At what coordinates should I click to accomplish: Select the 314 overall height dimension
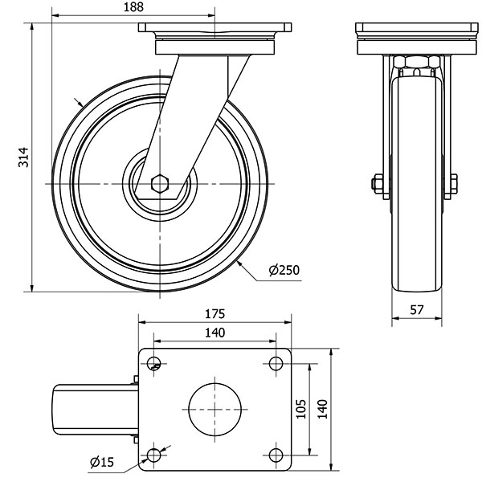23,157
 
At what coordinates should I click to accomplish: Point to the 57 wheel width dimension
417,309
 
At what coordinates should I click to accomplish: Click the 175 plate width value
214,313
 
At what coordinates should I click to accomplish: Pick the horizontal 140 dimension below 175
214,332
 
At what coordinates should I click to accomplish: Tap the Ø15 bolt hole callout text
101,462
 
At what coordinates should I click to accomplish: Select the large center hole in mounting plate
214,409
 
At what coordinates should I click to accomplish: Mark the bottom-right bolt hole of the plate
276,455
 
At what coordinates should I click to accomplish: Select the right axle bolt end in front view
453,184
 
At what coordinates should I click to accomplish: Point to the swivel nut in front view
418,63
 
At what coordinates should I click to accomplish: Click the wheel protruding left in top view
93,409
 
